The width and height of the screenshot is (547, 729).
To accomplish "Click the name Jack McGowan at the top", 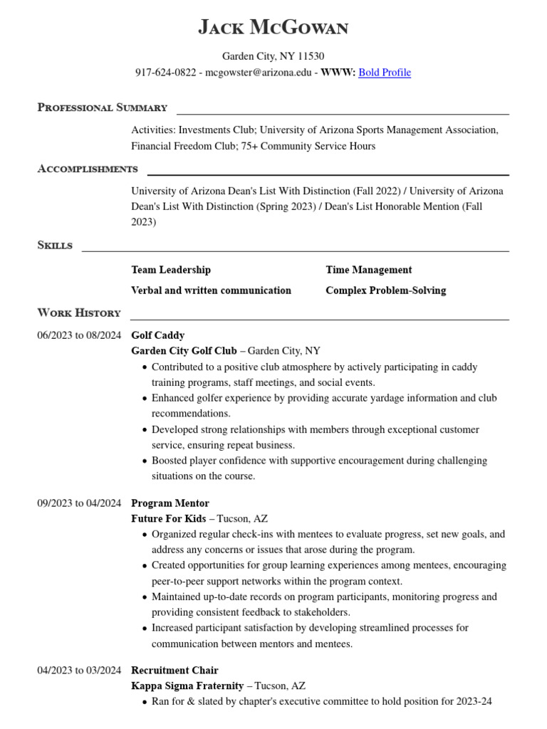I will [273, 28].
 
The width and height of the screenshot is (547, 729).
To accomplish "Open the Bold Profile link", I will [385, 73].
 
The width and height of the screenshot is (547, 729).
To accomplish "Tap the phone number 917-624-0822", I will [166, 73].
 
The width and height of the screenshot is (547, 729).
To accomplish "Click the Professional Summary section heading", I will [102, 107].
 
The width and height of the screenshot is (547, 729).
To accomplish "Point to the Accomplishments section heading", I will [88, 169].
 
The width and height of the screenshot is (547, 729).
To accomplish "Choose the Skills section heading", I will [55, 245].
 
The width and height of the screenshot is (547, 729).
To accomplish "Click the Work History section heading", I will [79, 313].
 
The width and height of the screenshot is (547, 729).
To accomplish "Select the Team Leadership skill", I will [171, 270].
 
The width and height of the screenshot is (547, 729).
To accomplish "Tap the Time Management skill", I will [368, 270].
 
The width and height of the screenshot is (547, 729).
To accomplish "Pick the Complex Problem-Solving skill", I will [385, 290].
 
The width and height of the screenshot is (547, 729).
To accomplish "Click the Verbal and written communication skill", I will [211, 290].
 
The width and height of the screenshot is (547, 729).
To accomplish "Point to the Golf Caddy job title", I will [157, 335].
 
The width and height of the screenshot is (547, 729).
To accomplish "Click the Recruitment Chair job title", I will [174, 671].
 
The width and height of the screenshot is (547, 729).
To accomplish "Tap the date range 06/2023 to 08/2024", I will [79, 335].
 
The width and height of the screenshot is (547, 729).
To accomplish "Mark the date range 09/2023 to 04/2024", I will [79, 503].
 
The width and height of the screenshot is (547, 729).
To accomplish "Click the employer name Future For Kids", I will [169, 519].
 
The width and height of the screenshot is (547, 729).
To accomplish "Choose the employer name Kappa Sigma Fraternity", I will [187, 686].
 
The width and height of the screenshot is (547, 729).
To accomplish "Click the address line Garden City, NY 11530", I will [273, 56].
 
